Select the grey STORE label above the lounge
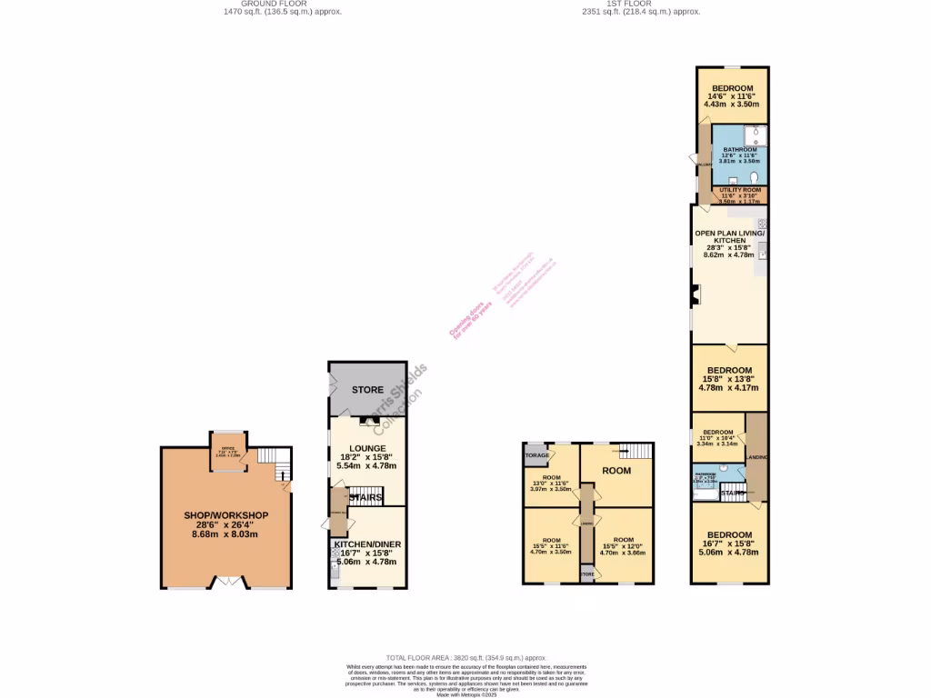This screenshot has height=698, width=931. point(367,390)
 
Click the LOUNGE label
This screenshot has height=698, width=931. point(367,448)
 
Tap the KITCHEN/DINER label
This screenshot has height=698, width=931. point(367,544)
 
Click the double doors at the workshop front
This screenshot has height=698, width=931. point(227,581)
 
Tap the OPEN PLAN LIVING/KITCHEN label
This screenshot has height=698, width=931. point(729,236)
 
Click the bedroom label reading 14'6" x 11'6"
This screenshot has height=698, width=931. point(732,96)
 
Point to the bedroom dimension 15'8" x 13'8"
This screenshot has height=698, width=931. point(729,379)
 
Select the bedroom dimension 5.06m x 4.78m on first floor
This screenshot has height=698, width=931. point(730,552)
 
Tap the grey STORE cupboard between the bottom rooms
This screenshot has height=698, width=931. point(587,574)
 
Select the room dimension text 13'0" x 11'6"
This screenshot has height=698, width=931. point(550,484)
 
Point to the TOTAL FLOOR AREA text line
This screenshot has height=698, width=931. point(465,657)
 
